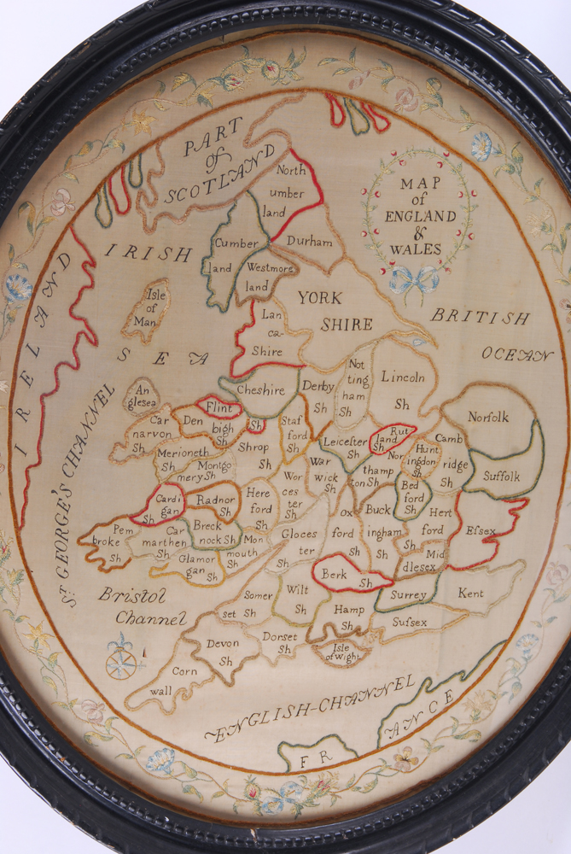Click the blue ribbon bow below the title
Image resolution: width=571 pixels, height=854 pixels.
coord(414,279)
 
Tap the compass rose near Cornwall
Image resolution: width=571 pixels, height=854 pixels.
coord(121,661)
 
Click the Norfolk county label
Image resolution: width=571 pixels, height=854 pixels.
coord(487,417)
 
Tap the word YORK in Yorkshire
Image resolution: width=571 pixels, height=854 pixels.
coord(320,298)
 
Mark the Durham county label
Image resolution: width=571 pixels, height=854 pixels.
coord(309,243)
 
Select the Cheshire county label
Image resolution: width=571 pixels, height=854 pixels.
coord(260,390)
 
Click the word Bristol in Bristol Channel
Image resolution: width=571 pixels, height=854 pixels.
coord(132,594)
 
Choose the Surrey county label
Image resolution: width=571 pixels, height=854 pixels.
coord(408,594)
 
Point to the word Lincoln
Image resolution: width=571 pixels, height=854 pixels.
coord(402,376)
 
